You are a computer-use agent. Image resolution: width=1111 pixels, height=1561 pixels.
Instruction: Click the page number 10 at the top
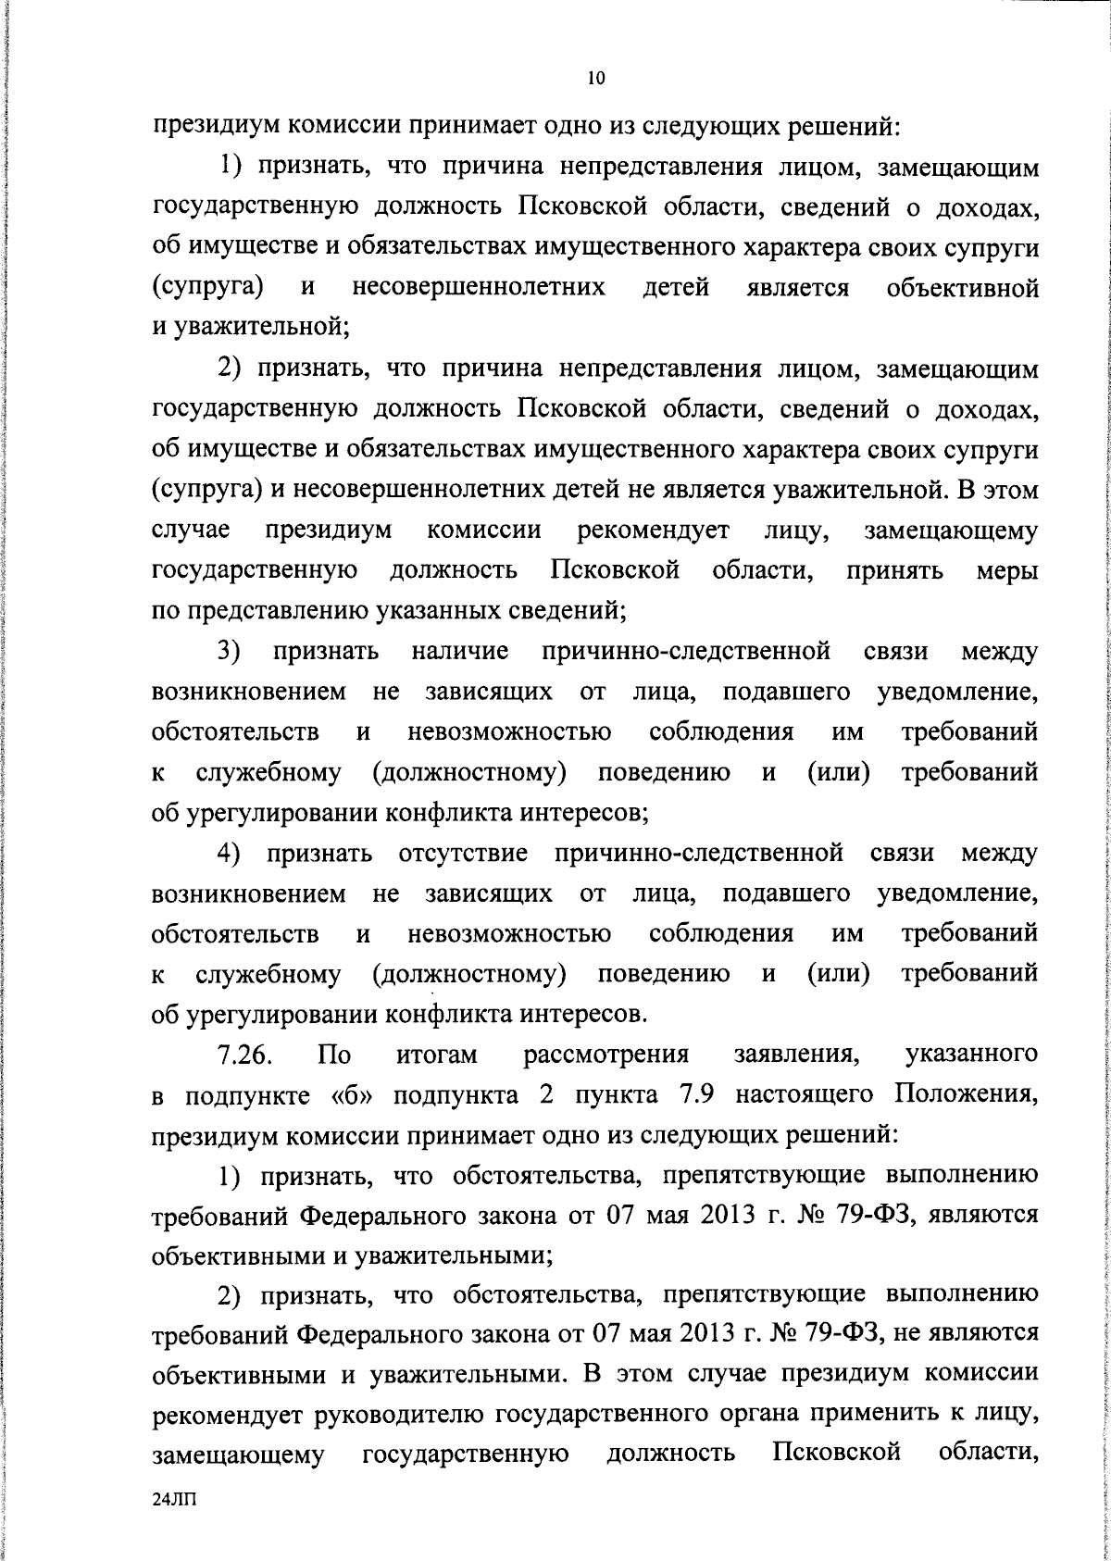point(596,79)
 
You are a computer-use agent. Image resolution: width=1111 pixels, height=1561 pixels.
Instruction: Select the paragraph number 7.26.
point(244,1055)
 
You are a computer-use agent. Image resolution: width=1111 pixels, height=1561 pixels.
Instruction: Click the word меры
point(1007,571)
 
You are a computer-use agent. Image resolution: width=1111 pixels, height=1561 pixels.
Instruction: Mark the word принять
point(895,571)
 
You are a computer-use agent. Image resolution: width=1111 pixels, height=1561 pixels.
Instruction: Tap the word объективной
point(962,288)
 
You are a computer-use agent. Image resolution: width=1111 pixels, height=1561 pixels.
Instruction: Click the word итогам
point(436,1055)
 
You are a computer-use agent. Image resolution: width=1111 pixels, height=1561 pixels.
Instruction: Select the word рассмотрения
point(606,1055)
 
